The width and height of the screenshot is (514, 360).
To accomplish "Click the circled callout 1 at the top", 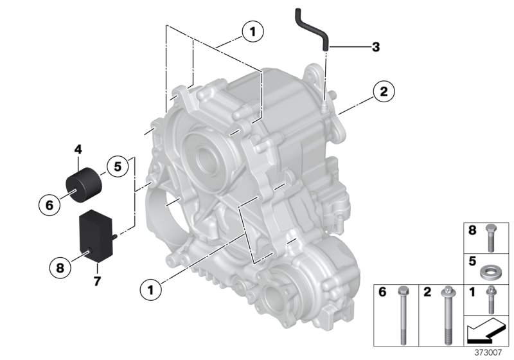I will [253, 31].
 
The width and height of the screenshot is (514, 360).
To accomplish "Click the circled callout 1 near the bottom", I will [150, 290].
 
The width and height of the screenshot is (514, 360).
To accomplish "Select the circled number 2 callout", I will [383, 92].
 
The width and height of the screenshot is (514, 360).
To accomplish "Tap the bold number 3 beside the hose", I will [376, 46].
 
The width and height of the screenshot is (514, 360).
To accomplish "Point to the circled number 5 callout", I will [118, 166].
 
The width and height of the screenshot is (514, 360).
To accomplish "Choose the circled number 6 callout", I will [49, 206].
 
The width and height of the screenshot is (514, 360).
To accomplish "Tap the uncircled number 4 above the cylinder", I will [78, 149].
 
